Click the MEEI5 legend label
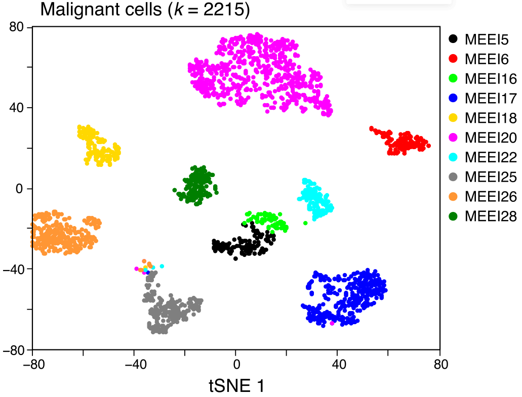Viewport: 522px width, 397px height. coord(487,38)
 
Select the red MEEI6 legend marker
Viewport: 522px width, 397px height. coord(454,59)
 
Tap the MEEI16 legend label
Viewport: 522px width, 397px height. coord(491,78)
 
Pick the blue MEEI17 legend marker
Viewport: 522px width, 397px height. coord(454,98)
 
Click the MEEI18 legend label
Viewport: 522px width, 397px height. coord(491,118)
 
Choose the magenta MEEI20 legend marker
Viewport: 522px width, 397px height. coord(454,138)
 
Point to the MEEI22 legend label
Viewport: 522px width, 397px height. coord(491,157)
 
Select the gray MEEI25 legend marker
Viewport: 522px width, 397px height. coord(454,177)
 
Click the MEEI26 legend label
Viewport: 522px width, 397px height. coord(491,197)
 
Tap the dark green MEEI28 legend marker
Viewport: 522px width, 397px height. coord(454,216)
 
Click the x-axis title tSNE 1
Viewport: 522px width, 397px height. coord(236,386)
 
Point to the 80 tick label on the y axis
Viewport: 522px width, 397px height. coord(18,27)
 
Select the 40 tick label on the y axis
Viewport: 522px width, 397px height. coord(18,108)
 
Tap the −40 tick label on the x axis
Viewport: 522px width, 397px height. coord(134,364)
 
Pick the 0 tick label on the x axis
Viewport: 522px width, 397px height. coord(236,364)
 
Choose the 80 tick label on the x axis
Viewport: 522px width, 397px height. coord(440,364)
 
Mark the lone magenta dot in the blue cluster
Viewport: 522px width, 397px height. coord(332,323)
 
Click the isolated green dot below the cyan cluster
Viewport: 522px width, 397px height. coord(305,223)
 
